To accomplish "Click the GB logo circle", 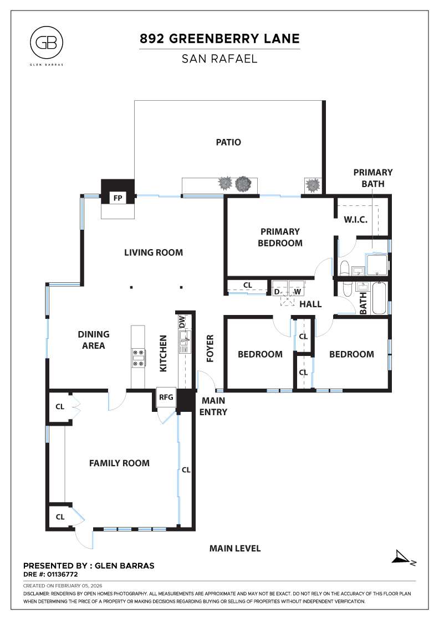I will tap(47, 43).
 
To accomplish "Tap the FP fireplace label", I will tap(118, 198).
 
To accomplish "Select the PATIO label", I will tap(228, 142).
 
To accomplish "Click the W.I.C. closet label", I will tap(356, 220).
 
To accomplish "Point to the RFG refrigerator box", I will tap(166, 397).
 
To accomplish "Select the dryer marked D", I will tap(277, 292).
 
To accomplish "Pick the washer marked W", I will tap(297, 292).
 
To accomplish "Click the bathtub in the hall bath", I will tap(380, 298).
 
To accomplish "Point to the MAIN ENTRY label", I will tap(214, 406).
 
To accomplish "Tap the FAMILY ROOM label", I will tap(119, 463).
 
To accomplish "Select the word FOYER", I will tap(211, 348).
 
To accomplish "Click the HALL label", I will tap(310, 304).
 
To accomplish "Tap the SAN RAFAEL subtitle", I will tap(219, 58).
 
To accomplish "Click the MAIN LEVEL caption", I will tap(234, 549).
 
